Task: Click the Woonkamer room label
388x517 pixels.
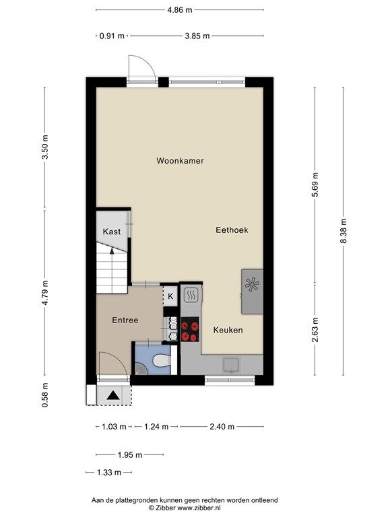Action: click(180, 161)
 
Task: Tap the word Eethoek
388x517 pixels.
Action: click(232, 230)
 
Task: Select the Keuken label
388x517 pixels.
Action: click(228, 331)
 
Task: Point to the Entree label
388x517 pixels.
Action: click(125, 320)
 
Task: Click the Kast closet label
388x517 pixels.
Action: click(112, 232)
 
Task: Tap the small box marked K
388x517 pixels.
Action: click(170, 296)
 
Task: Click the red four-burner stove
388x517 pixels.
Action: click(191, 329)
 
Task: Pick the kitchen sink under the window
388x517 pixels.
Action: click(232, 365)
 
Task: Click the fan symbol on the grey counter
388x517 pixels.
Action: click(253, 285)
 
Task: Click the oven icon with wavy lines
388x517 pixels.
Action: click(191, 295)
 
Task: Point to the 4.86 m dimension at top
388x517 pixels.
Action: click(179, 10)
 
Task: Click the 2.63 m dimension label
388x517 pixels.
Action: click(315, 331)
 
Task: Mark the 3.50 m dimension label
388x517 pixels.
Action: click(45, 147)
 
